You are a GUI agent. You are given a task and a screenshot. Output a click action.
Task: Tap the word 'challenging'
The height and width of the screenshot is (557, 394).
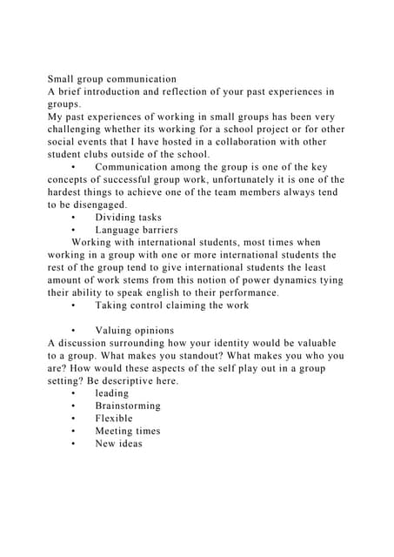click(x=80, y=129)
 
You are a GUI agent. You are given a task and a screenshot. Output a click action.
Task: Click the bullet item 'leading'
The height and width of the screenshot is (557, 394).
click(x=112, y=393)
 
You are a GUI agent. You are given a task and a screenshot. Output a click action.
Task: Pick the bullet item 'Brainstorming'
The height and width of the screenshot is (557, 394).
click(x=128, y=406)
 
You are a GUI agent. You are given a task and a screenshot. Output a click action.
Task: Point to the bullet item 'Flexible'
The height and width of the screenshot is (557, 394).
click(x=115, y=419)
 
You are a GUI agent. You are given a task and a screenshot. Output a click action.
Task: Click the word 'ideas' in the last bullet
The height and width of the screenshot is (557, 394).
click(x=130, y=444)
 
